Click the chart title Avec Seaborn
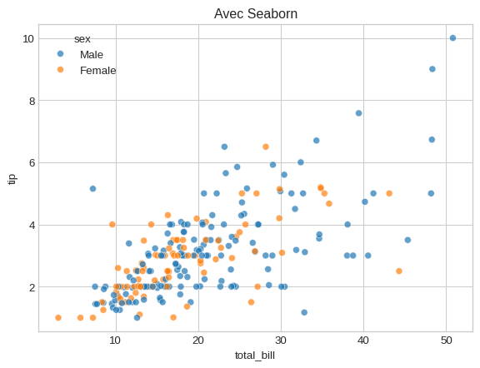point(256,13)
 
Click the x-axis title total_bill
point(256,356)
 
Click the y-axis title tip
point(12,178)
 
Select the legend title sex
point(82,38)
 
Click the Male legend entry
point(92,54)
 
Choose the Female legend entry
point(97,71)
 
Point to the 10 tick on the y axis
point(27,38)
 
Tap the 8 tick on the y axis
point(30,101)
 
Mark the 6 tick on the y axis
point(30,163)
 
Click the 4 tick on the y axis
point(30,225)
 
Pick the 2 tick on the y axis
point(30,287)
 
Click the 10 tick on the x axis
point(116,341)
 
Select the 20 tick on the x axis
point(198,341)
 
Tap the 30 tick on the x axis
point(282,341)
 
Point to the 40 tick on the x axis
point(364,341)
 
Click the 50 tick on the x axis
point(447,341)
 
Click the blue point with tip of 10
point(452,38)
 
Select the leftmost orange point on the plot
point(58,317)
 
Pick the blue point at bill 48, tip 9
point(432,69)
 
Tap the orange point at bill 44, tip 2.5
point(399,271)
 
